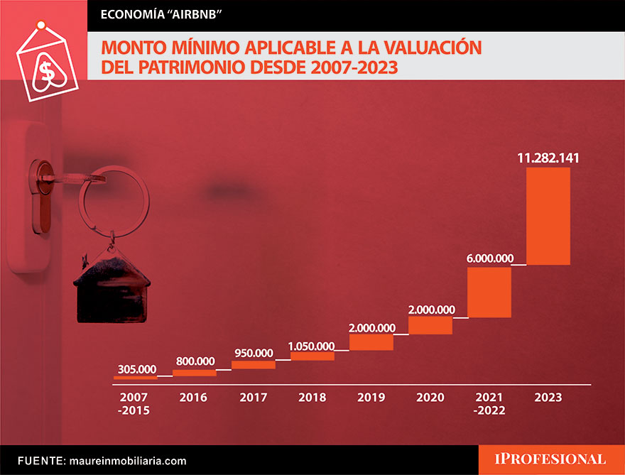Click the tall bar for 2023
(x=548, y=216)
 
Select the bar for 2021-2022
(x=489, y=292)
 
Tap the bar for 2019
(x=371, y=342)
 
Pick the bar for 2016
(x=195, y=373)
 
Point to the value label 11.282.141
(x=548, y=157)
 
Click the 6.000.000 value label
(x=489, y=258)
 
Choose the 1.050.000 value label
(x=311, y=346)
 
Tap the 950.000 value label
(x=253, y=353)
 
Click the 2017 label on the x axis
(x=254, y=398)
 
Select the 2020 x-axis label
(x=431, y=398)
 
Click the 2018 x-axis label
(x=312, y=398)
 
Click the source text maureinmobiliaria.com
(x=127, y=461)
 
